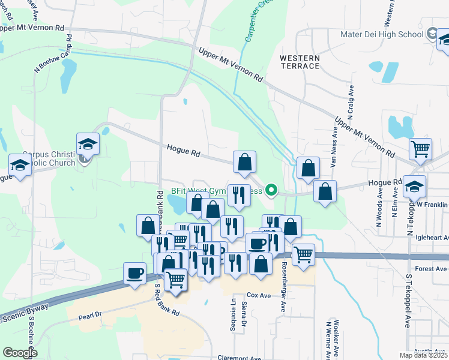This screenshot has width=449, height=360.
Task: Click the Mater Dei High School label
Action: coord(381,34)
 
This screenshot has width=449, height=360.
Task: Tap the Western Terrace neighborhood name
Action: coord(300,61)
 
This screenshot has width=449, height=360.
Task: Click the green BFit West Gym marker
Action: coord(271,191)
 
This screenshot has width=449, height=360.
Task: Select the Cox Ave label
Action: coord(259,296)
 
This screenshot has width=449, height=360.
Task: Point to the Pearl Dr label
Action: coord(91,314)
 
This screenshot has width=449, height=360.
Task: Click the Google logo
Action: coord(20,353)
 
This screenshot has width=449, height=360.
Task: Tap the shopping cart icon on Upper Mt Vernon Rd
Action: coord(421,148)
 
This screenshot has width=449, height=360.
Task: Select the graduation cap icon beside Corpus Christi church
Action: coord(88,145)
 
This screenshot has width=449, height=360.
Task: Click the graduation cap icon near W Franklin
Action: coord(414,186)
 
